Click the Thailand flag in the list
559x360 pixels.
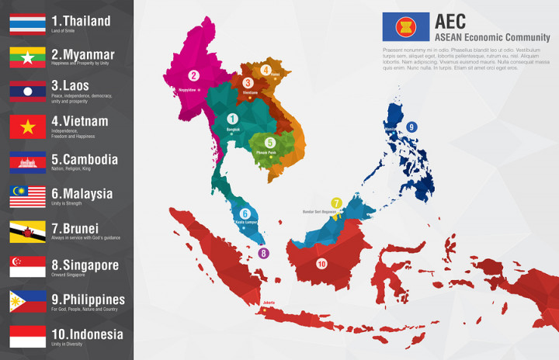[27, 23]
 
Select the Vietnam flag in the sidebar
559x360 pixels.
[27, 126]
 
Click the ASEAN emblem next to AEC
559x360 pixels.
[405, 26]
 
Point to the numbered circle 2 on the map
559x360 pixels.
[193, 76]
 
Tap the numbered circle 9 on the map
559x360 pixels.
[411, 127]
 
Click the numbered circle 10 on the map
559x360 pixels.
[321, 264]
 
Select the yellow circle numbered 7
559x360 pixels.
[336, 202]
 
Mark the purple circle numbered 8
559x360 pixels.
[263, 253]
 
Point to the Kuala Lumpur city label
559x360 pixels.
[245, 222]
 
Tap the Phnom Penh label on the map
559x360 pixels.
[266, 154]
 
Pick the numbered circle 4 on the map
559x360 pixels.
[266, 70]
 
